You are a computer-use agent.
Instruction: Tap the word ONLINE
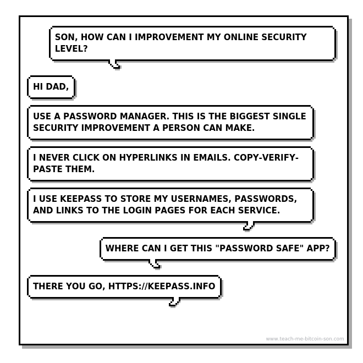[241, 37]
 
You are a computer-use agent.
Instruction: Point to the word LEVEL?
[71, 48]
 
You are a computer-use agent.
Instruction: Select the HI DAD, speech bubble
[51, 87]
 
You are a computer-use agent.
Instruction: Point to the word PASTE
[48, 169]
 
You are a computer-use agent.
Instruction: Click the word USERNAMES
[201, 199]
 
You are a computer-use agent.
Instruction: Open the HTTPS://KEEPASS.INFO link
[162, 286]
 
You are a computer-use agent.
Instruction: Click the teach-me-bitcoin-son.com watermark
[305, 339]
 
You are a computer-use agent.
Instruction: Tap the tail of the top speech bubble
[114, 64]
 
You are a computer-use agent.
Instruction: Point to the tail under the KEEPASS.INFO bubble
[174, 302]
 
